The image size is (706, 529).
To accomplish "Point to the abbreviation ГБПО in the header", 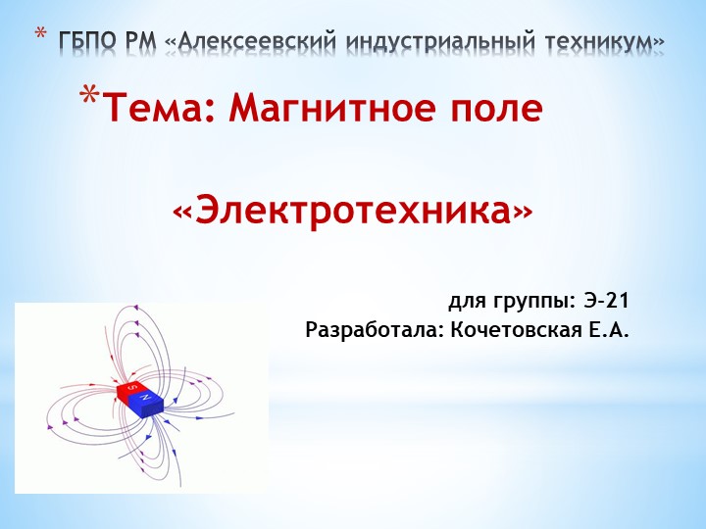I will (x=87, y=41).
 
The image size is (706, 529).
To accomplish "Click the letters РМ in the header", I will (x=141, y=41).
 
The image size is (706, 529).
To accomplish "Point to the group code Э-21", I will (x=605, y=299).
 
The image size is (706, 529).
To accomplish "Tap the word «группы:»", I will (x=532, y=300).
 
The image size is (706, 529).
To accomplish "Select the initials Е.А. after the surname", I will (x=608, y=330).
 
